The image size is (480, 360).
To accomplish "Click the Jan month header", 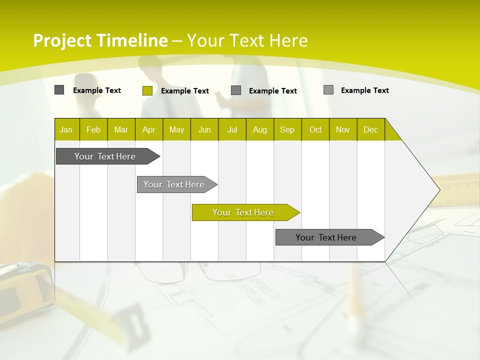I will coord(66,129).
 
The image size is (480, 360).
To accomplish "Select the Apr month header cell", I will coord(149,129).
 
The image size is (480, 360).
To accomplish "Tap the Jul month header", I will coord(232,129).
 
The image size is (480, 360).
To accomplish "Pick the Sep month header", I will coord(287,129).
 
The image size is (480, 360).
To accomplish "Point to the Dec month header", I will coord(370,129).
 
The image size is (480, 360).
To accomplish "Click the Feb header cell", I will coord(93,129).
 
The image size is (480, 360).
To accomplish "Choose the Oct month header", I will coord(315,129).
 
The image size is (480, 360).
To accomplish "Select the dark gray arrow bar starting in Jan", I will coord(105,156).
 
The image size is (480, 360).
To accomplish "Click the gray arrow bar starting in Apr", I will coord(174,184).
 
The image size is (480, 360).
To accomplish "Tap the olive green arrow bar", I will coord(243,212).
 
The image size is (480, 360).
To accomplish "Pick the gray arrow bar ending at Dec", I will coord(326,237).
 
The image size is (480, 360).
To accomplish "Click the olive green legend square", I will coord(147,90).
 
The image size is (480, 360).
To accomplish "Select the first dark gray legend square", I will coord(59,90).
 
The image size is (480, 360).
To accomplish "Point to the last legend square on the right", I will coord(328,90).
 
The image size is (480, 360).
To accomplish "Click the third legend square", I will coord(236,90).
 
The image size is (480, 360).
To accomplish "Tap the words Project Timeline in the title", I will coord(100,40).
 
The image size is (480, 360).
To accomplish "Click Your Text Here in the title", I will coord(247,40).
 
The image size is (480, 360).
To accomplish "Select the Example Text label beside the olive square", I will coord(185,91).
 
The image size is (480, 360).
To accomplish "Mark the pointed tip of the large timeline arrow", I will coord(439,190).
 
